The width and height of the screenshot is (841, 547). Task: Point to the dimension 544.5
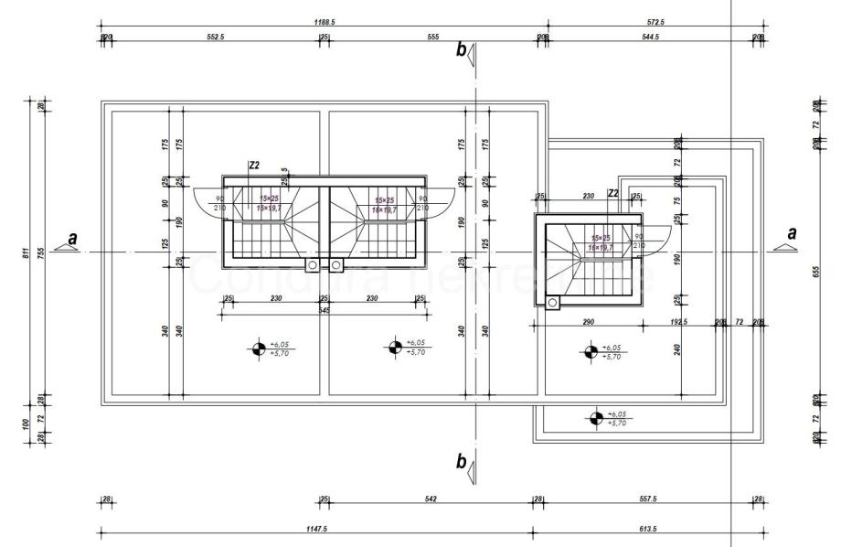(650, 37)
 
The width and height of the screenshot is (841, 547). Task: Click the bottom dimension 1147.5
(317, 528)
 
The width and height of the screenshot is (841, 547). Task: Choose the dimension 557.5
(645, 499)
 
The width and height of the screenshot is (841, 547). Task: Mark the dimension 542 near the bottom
(430, 499)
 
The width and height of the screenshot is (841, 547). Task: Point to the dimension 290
(589, 323)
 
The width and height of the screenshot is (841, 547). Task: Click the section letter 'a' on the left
(74, 237)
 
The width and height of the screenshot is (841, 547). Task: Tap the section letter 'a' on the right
(792, 233)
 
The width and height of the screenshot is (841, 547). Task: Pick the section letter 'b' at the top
(462, 49)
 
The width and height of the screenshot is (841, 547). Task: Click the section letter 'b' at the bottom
(462, 460)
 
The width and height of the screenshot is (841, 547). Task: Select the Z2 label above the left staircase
(254, 166)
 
